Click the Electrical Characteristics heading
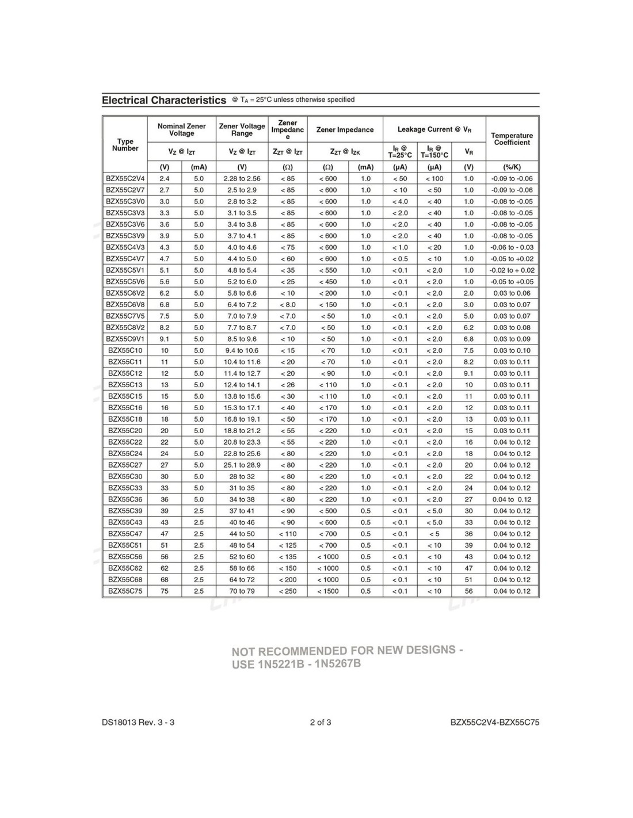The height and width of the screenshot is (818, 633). click(164, 100)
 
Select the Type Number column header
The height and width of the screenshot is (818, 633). click(125, 144)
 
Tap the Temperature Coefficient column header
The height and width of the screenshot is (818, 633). click(512, 139)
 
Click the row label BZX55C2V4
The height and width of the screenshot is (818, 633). click(125, 178)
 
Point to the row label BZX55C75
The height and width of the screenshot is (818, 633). click(125, 591)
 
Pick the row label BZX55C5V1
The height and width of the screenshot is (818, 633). click(125, 270)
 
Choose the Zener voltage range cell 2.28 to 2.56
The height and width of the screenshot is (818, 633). click(242, 178)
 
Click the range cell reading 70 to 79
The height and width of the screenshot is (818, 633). click(242, 591)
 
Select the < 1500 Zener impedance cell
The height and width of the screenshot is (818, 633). click(328, 591)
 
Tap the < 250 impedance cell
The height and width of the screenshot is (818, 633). click(288, 591)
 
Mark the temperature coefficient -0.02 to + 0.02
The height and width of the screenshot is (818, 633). click(512, 270)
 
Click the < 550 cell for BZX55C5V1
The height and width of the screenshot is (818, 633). click(328, 270)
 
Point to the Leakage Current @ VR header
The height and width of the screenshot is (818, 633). click(434, 129)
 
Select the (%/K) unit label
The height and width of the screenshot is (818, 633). click(512, 167)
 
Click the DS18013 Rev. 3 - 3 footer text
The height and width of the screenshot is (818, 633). click(138, 722)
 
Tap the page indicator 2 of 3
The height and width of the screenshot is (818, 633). click(321, 722)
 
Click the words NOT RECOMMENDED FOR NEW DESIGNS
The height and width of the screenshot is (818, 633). click(347, 651)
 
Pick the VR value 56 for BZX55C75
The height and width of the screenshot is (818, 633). click(469, 591)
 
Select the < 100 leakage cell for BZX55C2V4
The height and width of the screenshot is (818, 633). click(434, 178)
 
